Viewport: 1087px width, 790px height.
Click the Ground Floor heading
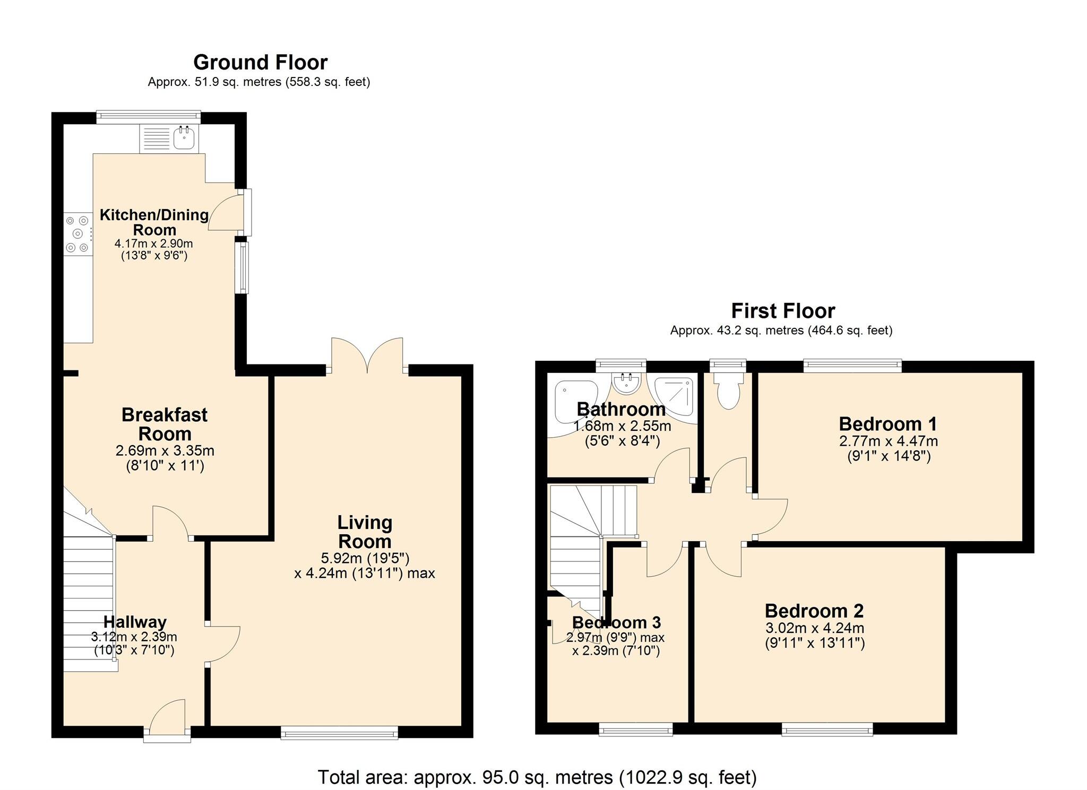pos(260,63)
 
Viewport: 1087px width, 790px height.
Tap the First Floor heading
pos(783,311)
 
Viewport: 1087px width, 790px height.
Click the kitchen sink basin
pos(184,140)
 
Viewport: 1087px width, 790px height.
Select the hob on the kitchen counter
pos(77,233)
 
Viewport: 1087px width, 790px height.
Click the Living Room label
pos(365,532)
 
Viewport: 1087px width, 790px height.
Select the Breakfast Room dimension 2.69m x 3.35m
pos(165,451)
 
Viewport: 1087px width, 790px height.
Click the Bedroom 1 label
pos(888,424)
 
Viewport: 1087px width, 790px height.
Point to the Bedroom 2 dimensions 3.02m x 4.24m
pos(815,628)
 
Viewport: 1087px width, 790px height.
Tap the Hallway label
pos(135,622)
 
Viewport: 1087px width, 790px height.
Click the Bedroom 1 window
pos(852,365)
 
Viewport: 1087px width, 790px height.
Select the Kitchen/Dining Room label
pos(154,222)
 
